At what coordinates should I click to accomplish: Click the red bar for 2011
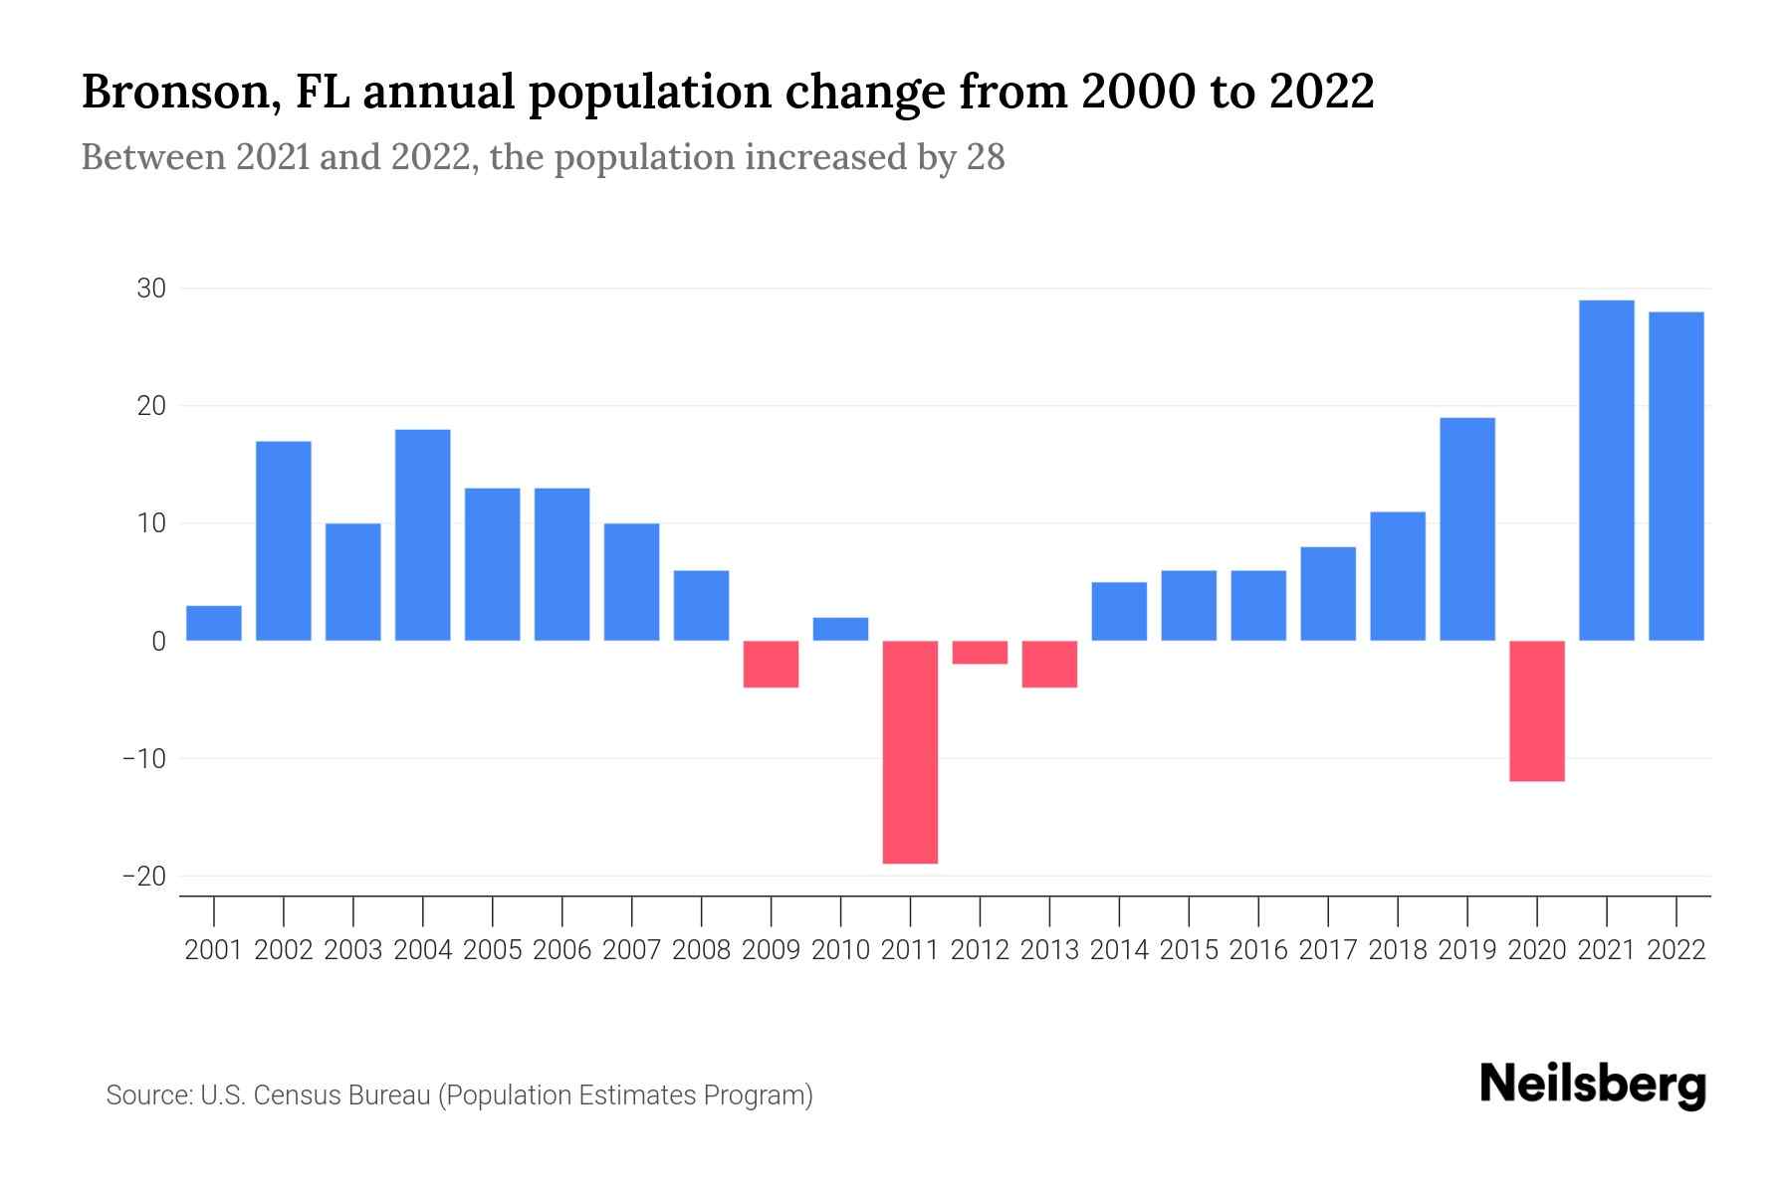pos(910,751)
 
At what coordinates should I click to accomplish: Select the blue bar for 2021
pos(1607,470)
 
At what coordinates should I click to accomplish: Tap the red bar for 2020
pos(1537,710)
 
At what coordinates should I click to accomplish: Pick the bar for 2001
pos(214,623)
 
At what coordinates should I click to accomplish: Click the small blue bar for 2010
pos(840,629)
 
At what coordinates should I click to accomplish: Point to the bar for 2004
pos(423,534)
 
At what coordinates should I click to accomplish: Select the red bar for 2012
pos(980,652)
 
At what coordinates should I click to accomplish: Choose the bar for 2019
pos(1467,528)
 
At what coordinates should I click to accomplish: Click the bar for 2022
pos(1677,476)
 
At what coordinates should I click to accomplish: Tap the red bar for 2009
pos(771,664)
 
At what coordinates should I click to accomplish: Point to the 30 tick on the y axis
pos(151,289)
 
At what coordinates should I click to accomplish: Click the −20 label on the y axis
pos(144,876)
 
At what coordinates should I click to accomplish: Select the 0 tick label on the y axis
pos(158,642)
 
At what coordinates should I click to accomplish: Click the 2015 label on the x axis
pos(1189,950)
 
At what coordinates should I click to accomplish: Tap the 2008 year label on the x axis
pos(701,950)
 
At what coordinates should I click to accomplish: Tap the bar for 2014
pos(1119,611)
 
